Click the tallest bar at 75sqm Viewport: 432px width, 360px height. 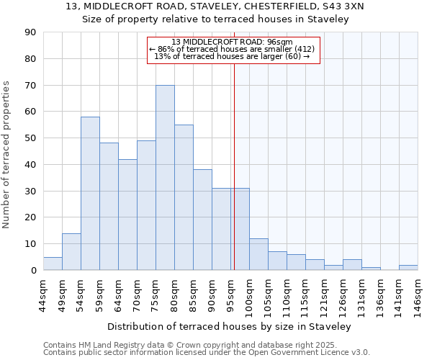[x=165, y=178]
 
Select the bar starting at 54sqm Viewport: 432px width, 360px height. [x=90, y=194]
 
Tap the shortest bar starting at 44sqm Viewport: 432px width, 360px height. [x=53, y=264]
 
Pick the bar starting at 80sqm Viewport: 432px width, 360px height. [x=184, y=197]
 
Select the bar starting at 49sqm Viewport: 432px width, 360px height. [x=71, y=252]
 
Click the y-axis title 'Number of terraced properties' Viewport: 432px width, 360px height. [x=6, y=155]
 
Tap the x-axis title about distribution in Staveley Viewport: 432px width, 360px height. [x=230, y=327]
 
